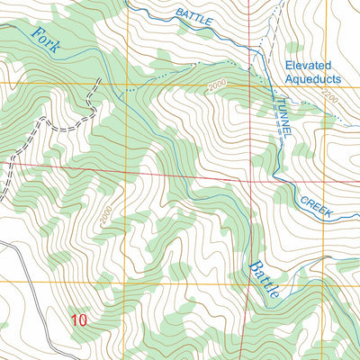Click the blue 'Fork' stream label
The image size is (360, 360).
pos(46,42)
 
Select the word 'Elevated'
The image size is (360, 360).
pos(309,66)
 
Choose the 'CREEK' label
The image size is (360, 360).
pos(317,206)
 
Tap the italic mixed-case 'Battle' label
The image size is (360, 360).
pos(265,275)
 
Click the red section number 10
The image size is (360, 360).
pos(79,319)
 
